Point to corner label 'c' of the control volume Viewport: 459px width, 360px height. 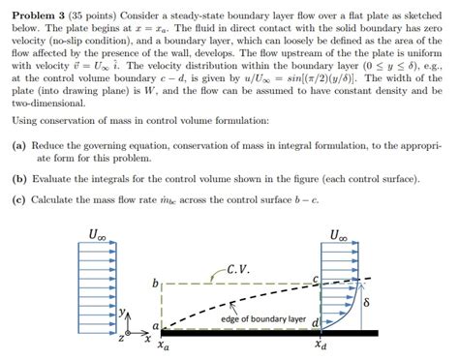point(317,279)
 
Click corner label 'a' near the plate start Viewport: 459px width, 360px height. point(153,328)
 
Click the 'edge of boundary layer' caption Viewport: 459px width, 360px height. point(263,318)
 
